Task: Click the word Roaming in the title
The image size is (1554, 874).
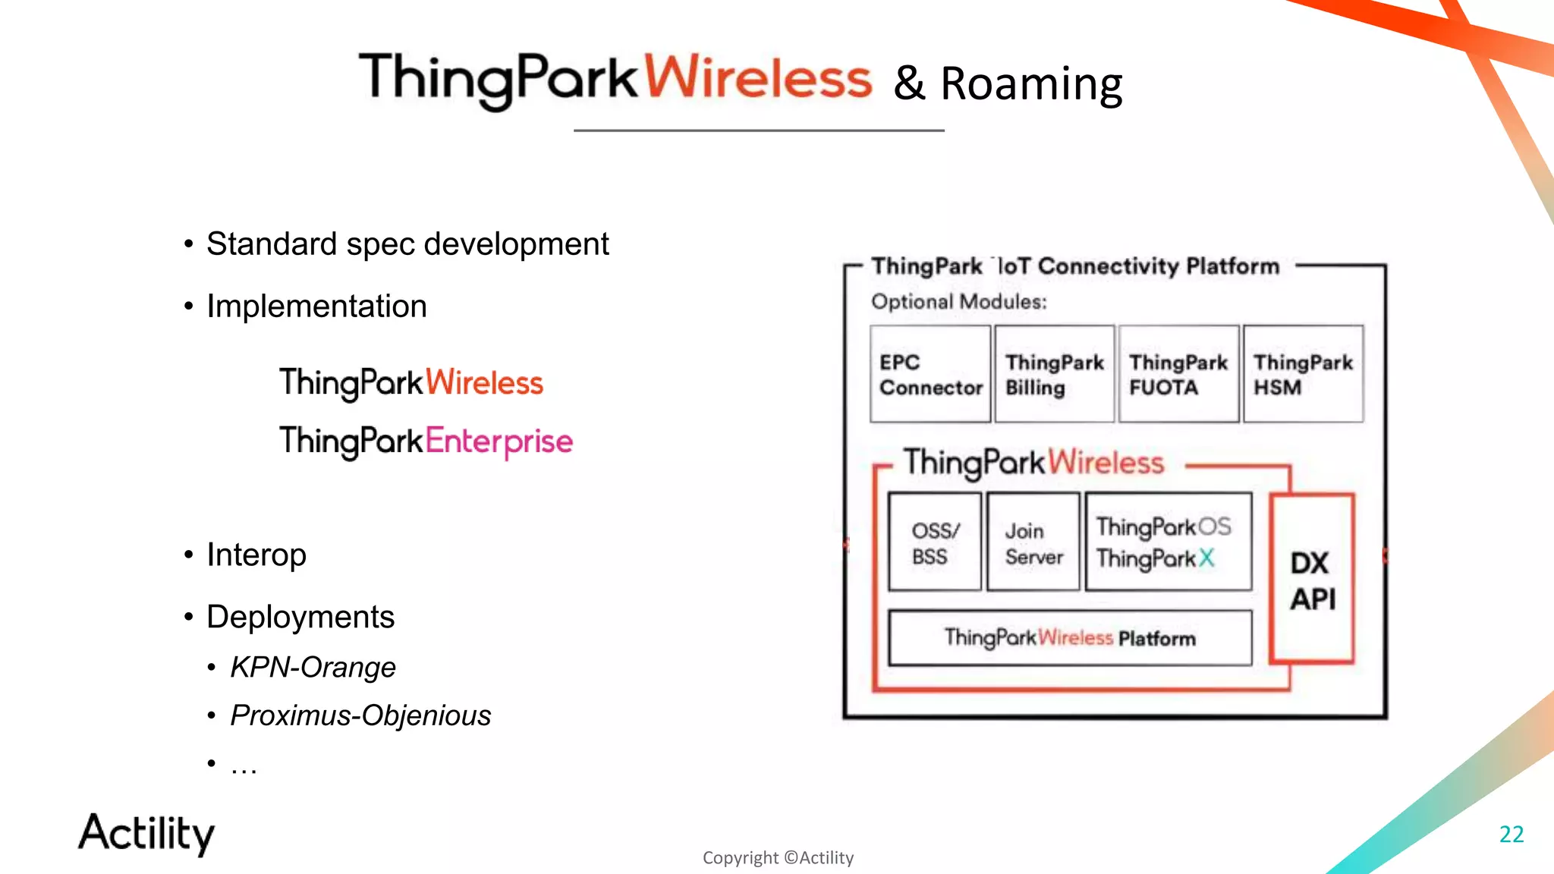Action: tap(1030, 83)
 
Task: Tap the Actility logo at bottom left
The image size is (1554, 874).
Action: tap(146, 833)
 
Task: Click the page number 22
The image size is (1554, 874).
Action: tap(1511, 834)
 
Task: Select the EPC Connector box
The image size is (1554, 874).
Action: tap(930, 374)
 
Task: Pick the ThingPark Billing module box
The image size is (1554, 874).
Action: tap(1054, 374)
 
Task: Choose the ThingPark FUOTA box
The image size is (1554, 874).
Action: tap(1178, 374)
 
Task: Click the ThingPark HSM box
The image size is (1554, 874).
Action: tap(1303, 374)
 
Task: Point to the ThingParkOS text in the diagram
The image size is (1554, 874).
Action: tap(1163, 526)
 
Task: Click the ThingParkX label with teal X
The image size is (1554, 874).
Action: tap(1155, 559)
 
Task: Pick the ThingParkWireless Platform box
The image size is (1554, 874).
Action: tap(1070, 638)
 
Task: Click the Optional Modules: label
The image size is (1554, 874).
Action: tap(958, 302)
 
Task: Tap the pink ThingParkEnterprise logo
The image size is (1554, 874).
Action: tap(426, 442)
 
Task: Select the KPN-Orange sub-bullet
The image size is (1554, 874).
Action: tap(313, 667)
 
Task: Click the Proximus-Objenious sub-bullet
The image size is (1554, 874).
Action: tap(360, 715)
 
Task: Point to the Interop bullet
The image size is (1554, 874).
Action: tap(256, 555)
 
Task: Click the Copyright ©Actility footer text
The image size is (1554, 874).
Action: tap(778, 857)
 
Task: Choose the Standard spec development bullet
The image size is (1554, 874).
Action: tap(407, 244)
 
